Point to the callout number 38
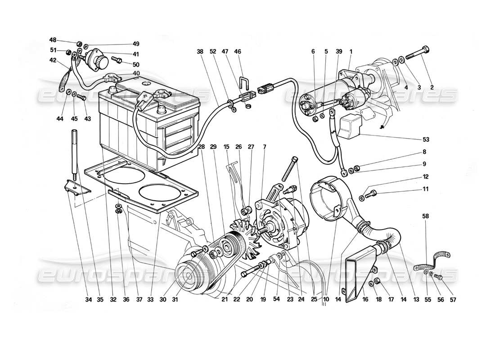pos(200,52)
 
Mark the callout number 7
pos(264,147)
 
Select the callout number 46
pos(238,52)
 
